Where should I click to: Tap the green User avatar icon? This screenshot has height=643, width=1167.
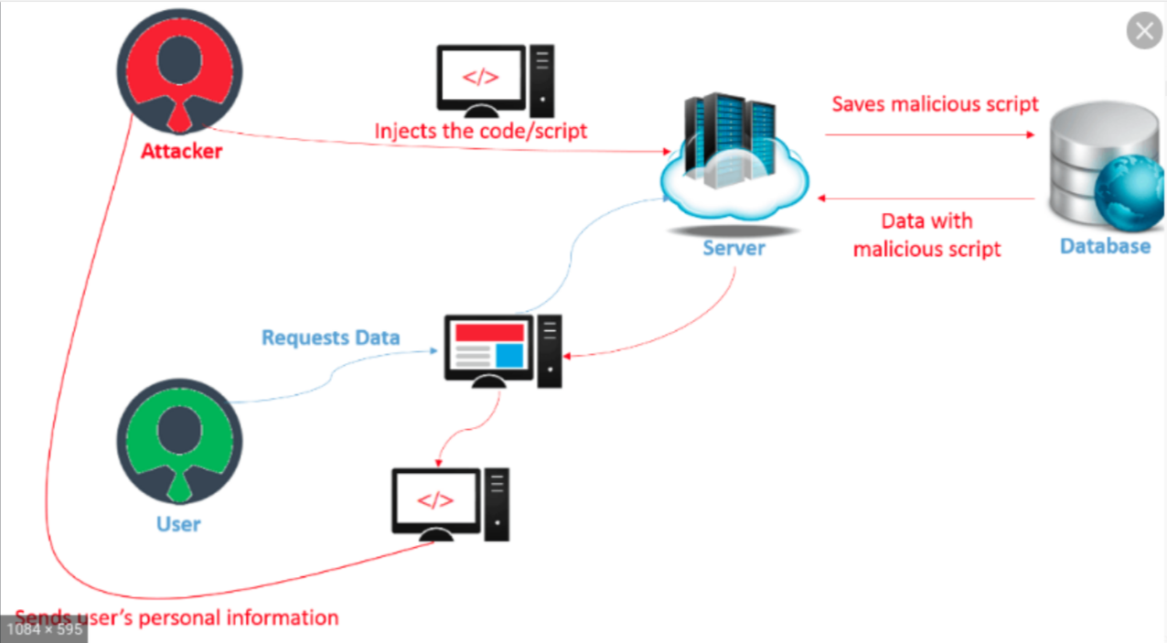pyautogui.click(x=180, y=441)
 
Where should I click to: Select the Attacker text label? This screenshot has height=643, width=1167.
pyautogui.click(x=181, y=151)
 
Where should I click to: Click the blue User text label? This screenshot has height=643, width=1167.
pyautogui.click(x=178, y=524)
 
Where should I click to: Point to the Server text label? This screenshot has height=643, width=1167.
pyautogui.click(x=733, y=247)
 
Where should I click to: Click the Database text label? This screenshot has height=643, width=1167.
pyautogui.click(x=1105, y=245)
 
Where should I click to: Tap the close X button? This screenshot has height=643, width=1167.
pyautogui.click(x=1144, y=32)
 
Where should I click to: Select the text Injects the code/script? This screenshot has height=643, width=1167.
pyautogui.click(x=480, y=131)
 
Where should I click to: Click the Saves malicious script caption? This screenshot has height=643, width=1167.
pyautogui.click(x=935, y=103)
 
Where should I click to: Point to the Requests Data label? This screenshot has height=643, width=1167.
pyautogui.click(x=330, y=338)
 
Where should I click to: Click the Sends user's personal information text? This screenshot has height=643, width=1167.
pyautogui.click(x=177, y=617)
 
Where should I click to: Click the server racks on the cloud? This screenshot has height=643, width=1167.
pyautogui.click(x=730, y=137)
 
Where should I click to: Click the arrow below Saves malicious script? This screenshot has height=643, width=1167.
pyautogui.click(x=929, y=134)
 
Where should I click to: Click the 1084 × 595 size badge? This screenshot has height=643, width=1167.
pyautogui.click(x=43, y=629)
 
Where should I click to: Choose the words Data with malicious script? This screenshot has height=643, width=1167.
pyautogui.click(x=926, y=234)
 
